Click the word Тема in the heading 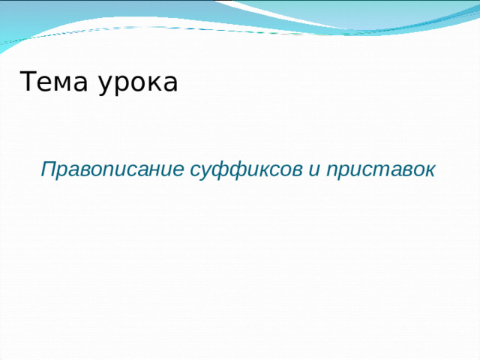coord(54,82)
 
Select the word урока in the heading coord(138,83)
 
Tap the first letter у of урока coord(105,85)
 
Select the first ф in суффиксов coord(217,170)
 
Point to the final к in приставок coord(428,170)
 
